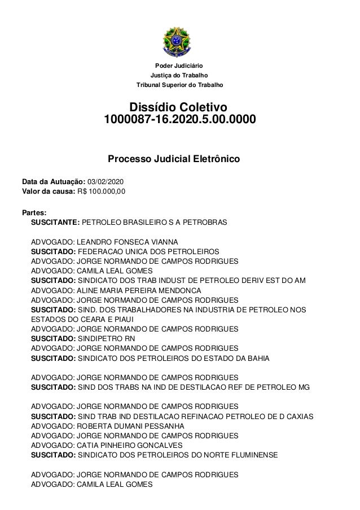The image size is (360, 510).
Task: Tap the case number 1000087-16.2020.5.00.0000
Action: (x=179, y=120)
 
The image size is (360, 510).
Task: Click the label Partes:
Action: (x=34, y=213)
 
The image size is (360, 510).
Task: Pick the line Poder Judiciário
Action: (x=179, y=66)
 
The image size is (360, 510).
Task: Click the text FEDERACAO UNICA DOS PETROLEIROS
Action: (x=148, y=251)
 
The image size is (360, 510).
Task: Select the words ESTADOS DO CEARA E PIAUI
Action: (x=77, y=320)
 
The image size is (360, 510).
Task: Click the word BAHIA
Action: (x=258, y=358)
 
